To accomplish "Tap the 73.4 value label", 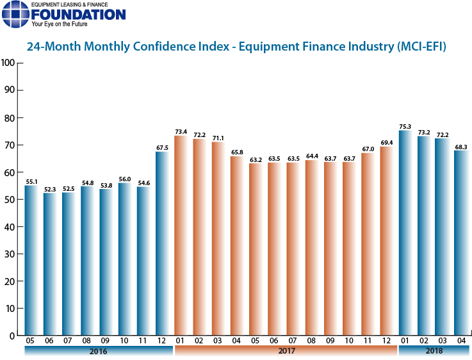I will tap(181, 131).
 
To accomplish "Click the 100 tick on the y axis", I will tap(8, 63).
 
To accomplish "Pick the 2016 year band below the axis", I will tap(98, 352).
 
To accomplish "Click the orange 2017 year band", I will tap(285, 352).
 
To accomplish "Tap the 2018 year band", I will tap(433, 352).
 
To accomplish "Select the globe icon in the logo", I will tap(15, 14).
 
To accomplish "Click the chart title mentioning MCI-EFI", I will tap(236, 47).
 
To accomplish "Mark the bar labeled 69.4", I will tap(387, 241).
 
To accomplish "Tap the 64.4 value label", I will tap(312, 156).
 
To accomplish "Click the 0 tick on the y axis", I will tap(12, 336).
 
